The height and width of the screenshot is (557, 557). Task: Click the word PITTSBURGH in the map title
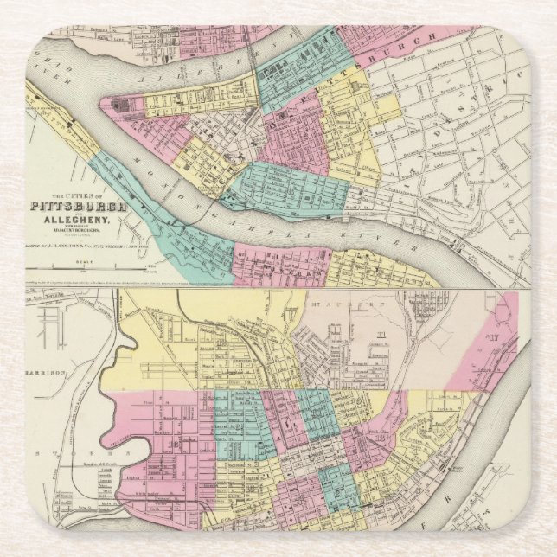[x=79, y=207]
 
